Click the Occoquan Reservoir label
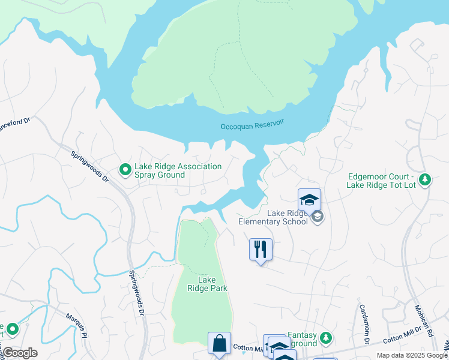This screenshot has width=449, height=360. [252, 124]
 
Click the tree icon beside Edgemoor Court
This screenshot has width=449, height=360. [425, 179]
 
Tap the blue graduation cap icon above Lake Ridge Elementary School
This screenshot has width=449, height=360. [309, 200]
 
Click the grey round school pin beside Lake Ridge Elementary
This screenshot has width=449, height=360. [318, 217]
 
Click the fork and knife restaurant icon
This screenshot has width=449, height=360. [261, 249]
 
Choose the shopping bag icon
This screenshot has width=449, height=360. [219, 344]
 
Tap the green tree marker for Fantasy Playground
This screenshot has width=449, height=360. [326, 338]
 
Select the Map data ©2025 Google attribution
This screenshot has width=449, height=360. [412, 355]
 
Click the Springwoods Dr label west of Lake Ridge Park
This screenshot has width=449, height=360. [138, 293]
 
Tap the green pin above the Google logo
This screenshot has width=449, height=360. [11, 329]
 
